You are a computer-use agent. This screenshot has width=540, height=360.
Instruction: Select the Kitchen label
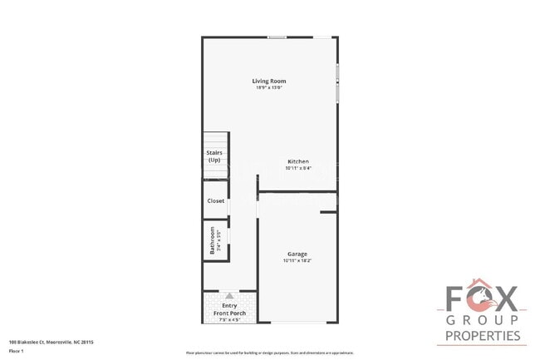pos(298,161)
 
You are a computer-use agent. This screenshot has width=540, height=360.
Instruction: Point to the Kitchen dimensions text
pos(298,167)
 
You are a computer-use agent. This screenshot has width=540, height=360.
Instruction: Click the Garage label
pos(297,254)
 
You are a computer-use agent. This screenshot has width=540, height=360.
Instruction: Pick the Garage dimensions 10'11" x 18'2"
pos(297,260)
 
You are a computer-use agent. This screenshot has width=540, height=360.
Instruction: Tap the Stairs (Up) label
pos(214,156)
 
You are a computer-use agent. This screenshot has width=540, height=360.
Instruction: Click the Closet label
pos(216,200)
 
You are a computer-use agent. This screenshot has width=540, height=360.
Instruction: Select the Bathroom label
pos(213,240)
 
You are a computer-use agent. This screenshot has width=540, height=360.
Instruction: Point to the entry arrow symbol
pos(230,295)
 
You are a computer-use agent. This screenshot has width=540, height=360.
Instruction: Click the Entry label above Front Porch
pos(230,306)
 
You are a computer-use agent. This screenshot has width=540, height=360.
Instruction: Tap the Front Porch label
pos(230,313)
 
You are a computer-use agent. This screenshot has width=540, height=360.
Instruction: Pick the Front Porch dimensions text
pos(230,319)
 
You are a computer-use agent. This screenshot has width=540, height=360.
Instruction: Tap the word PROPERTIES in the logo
pos(484,337)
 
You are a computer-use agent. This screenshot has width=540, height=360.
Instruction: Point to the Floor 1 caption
pos(17,351)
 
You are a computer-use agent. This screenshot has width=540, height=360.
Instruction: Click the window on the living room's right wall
pos(337,83)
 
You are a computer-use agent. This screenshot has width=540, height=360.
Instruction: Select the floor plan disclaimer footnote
pos(270,352)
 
